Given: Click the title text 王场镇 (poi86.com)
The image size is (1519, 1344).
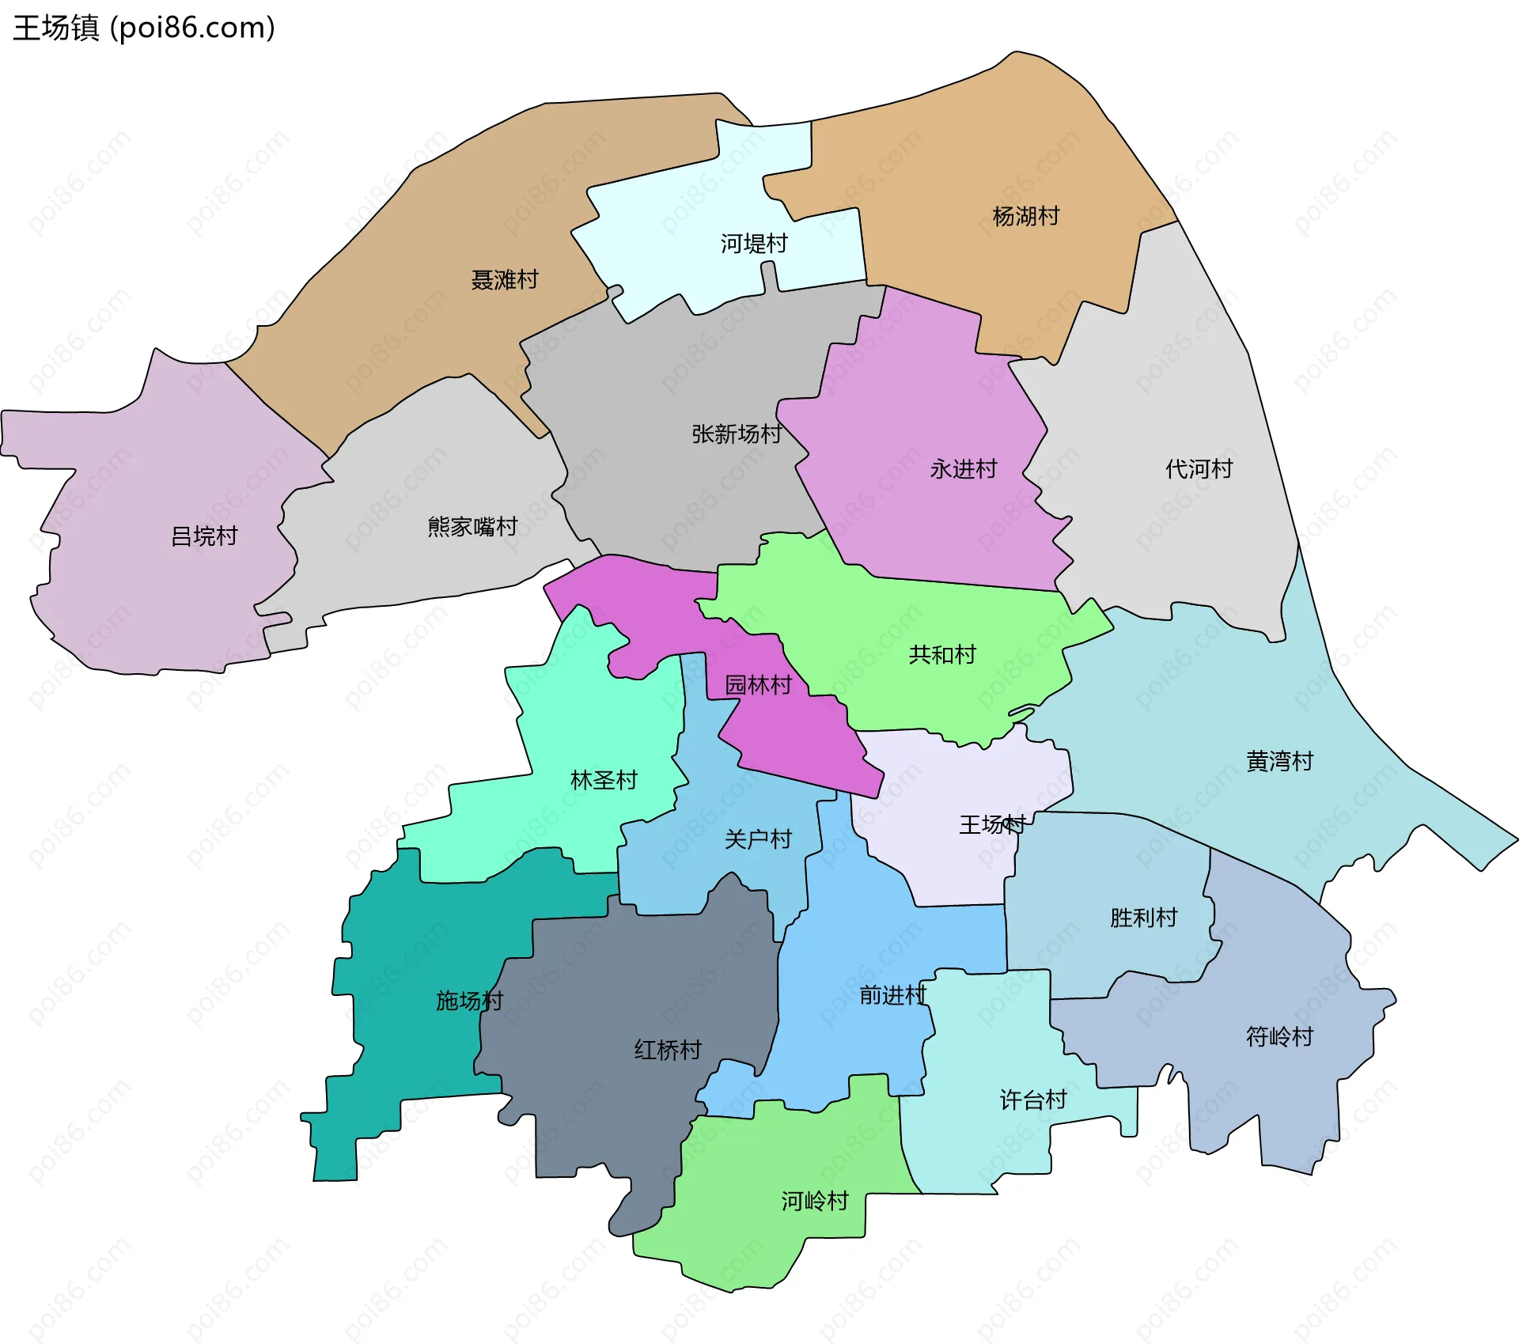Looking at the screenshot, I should (x=144, y=28).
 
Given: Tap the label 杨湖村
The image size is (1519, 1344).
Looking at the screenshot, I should (x=1025, y=216).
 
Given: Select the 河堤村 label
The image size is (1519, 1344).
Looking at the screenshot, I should (x=753, y=243).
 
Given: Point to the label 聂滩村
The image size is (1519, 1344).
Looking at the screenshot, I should (x=504, y=279).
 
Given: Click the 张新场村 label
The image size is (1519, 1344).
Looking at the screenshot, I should (x=736, y=433).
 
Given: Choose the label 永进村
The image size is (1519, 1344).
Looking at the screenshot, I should (x=963, y=469).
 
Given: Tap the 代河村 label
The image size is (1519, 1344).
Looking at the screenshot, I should (x=1199, y=469).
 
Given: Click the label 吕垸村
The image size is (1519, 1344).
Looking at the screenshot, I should (x=204, y=536).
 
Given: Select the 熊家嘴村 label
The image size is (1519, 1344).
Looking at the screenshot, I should (x=472, y=526).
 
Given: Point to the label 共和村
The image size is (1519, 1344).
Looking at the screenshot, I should (x=941, y=654).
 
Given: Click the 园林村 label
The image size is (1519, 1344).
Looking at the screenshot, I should (x=758, y=684).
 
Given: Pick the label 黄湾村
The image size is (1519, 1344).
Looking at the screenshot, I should (x=1279, y=761).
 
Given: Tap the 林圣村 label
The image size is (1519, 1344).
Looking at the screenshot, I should (x=604, y=780).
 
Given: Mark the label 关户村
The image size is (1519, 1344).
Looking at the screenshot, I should (x=758, y=839).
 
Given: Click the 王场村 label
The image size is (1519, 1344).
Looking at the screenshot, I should (x=992, y=825).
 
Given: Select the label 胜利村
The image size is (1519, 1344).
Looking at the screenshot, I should (x=1143, y=918).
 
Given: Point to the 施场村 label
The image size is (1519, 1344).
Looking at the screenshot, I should (x=469, y=1001).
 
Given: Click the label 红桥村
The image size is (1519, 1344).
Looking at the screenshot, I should (x=668, y=1050).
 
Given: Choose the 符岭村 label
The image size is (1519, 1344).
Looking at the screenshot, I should (x=1279, y=1036).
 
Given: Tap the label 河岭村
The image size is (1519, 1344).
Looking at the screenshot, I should (x=815, y=1201).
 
